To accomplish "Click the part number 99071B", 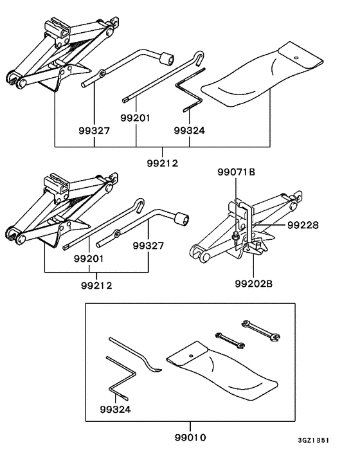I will pyautogui.click(x=236, y=172).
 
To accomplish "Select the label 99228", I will pyautogui.click(x=303, y=225).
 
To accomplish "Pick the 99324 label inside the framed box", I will pyautogui.click(x=115, y=409).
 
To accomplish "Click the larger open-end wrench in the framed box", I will pyautogui.click(x=260, y=329).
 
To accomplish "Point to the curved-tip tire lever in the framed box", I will pyautogui.click(x=135, y=356).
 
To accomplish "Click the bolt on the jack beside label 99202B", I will pyautogui.click(x=237, y=239).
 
